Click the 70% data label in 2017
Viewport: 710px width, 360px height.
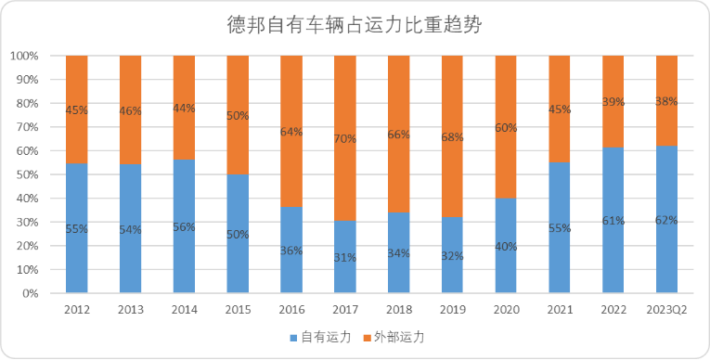[344, 139]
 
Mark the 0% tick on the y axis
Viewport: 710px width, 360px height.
[30, 293]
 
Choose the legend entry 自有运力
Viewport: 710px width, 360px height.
[320, 337]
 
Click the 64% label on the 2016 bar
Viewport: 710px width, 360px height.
[290, 132]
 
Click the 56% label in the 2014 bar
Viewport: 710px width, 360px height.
[184, 227]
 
